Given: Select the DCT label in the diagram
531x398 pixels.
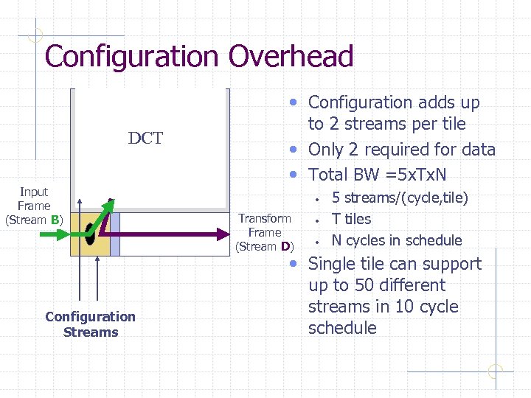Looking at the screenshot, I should click(x=145, y=139).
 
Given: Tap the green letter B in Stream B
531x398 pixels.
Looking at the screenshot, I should click(x=55, y=220).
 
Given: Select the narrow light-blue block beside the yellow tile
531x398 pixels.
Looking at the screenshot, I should click(x=114, y=234).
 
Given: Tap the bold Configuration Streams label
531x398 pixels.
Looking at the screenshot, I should click(x=90, y=324).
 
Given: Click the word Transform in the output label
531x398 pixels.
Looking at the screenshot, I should click(x=265, y=218).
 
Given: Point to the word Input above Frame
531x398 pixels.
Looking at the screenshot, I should click(x=34, y=192).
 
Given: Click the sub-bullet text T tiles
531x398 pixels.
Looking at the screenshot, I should click(x=351, y=219).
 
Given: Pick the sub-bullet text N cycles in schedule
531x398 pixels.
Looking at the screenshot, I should click(x=397, y=240).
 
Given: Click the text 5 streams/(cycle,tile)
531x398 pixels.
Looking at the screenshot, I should click(x=400, y=198).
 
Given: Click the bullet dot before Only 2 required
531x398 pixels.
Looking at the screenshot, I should click(x=294, y=150).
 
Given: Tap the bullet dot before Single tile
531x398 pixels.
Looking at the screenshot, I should click(x=294, y=265).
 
